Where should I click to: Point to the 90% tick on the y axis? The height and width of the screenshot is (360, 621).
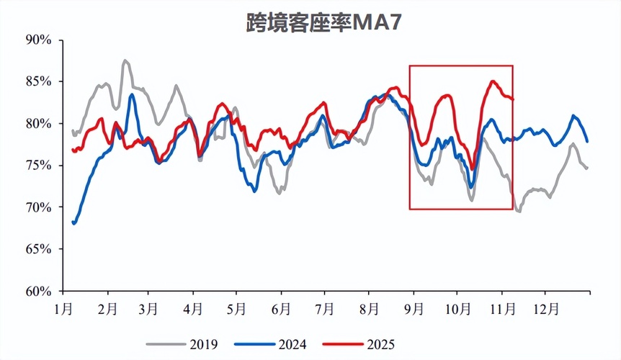coord(38,40)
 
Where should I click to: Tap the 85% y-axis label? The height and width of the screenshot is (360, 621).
coord(38,81)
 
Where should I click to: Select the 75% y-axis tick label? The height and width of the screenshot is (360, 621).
coord(38,166)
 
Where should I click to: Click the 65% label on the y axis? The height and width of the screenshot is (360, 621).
coord(38,249)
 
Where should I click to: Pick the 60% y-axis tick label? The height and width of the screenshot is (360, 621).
coord(38,292)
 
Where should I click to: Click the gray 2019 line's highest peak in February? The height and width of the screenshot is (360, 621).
coord(125,61)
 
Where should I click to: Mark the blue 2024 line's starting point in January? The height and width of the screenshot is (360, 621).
coord(74,223)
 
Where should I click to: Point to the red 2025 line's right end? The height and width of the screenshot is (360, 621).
coord(513,99)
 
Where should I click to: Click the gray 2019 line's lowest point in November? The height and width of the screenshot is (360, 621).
coord(519,211)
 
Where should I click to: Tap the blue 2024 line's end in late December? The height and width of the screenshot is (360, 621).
coord(587,140)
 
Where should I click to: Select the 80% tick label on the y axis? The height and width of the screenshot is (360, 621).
coord(38,124)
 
